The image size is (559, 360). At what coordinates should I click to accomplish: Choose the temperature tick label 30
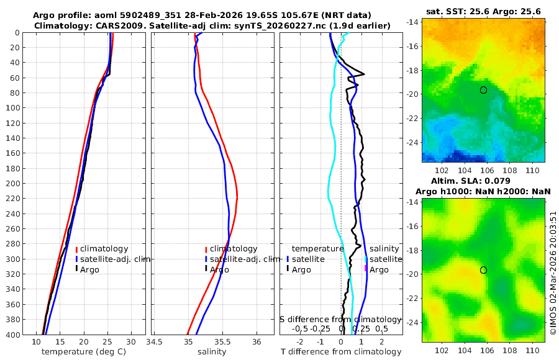[131, 342]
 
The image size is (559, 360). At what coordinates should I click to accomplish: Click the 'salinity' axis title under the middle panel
[212, 352]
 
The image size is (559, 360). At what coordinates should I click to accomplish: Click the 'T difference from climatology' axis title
[341, 352]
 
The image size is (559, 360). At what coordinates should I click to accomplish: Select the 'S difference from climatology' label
[340, 319]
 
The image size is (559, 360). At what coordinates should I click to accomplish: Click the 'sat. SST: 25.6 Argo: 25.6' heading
[483, 11]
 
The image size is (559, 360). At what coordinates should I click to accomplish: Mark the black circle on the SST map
[483, 90]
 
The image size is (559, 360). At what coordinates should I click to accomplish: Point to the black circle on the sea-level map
[483, 270]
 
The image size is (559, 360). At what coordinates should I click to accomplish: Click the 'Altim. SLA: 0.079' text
[483, 181]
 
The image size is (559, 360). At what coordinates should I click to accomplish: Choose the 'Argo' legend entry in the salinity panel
[219, 269]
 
